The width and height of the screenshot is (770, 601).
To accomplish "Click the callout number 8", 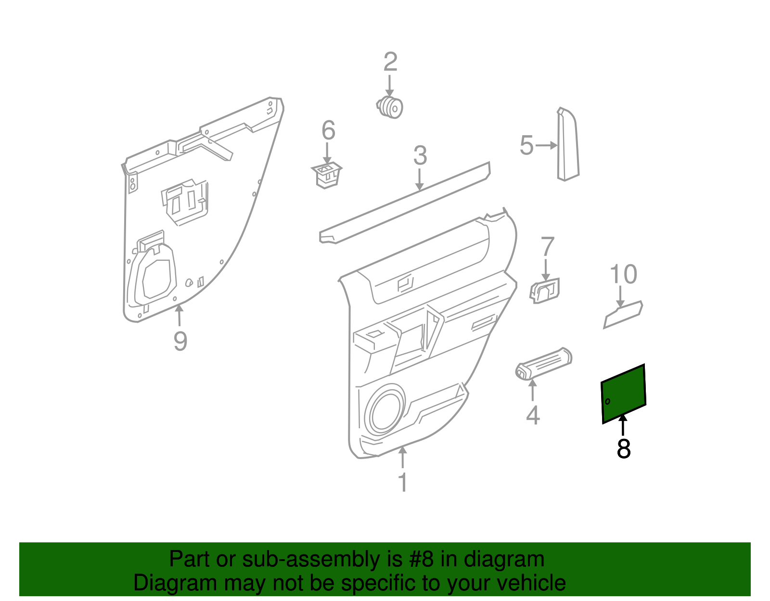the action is click(x=623, y=449).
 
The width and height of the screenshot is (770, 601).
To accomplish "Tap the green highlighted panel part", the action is click(x=623, y=394).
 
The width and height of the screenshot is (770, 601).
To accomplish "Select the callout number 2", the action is click(x=390, y=62).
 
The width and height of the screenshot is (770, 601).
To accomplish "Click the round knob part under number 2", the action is click(x=389, y=107).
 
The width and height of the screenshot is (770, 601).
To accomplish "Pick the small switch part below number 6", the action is click(x=326, y=175).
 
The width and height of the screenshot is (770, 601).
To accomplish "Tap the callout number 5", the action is click(x=526, y=145).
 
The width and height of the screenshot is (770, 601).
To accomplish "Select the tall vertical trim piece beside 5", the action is click(x=568, y=144).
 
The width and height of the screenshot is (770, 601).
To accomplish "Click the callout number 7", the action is click(x=548, y=246).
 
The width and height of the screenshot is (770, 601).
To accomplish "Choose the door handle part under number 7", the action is click(x=545, y=291).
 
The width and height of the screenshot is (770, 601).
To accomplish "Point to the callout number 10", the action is click(x=623, y=274).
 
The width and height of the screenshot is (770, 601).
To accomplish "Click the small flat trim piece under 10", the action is click(x=623, y=315).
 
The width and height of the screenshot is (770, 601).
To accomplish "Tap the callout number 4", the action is click(x=533, y=415).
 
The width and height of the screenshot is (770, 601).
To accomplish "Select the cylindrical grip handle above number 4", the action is click(x=543, y=363).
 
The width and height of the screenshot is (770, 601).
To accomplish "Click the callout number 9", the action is click(x=180, y=341).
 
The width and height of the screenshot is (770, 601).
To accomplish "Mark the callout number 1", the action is click(x=403, y=482).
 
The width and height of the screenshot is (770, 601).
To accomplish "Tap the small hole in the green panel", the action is click(x=608, y=401).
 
